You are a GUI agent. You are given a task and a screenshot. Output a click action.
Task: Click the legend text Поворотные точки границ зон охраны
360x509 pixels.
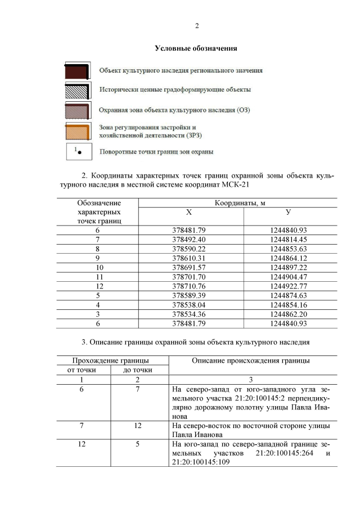[156, 151]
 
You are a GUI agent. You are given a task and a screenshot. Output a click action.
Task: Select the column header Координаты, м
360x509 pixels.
[238, 202]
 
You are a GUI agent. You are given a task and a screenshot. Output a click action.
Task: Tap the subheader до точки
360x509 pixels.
[138, 370]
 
